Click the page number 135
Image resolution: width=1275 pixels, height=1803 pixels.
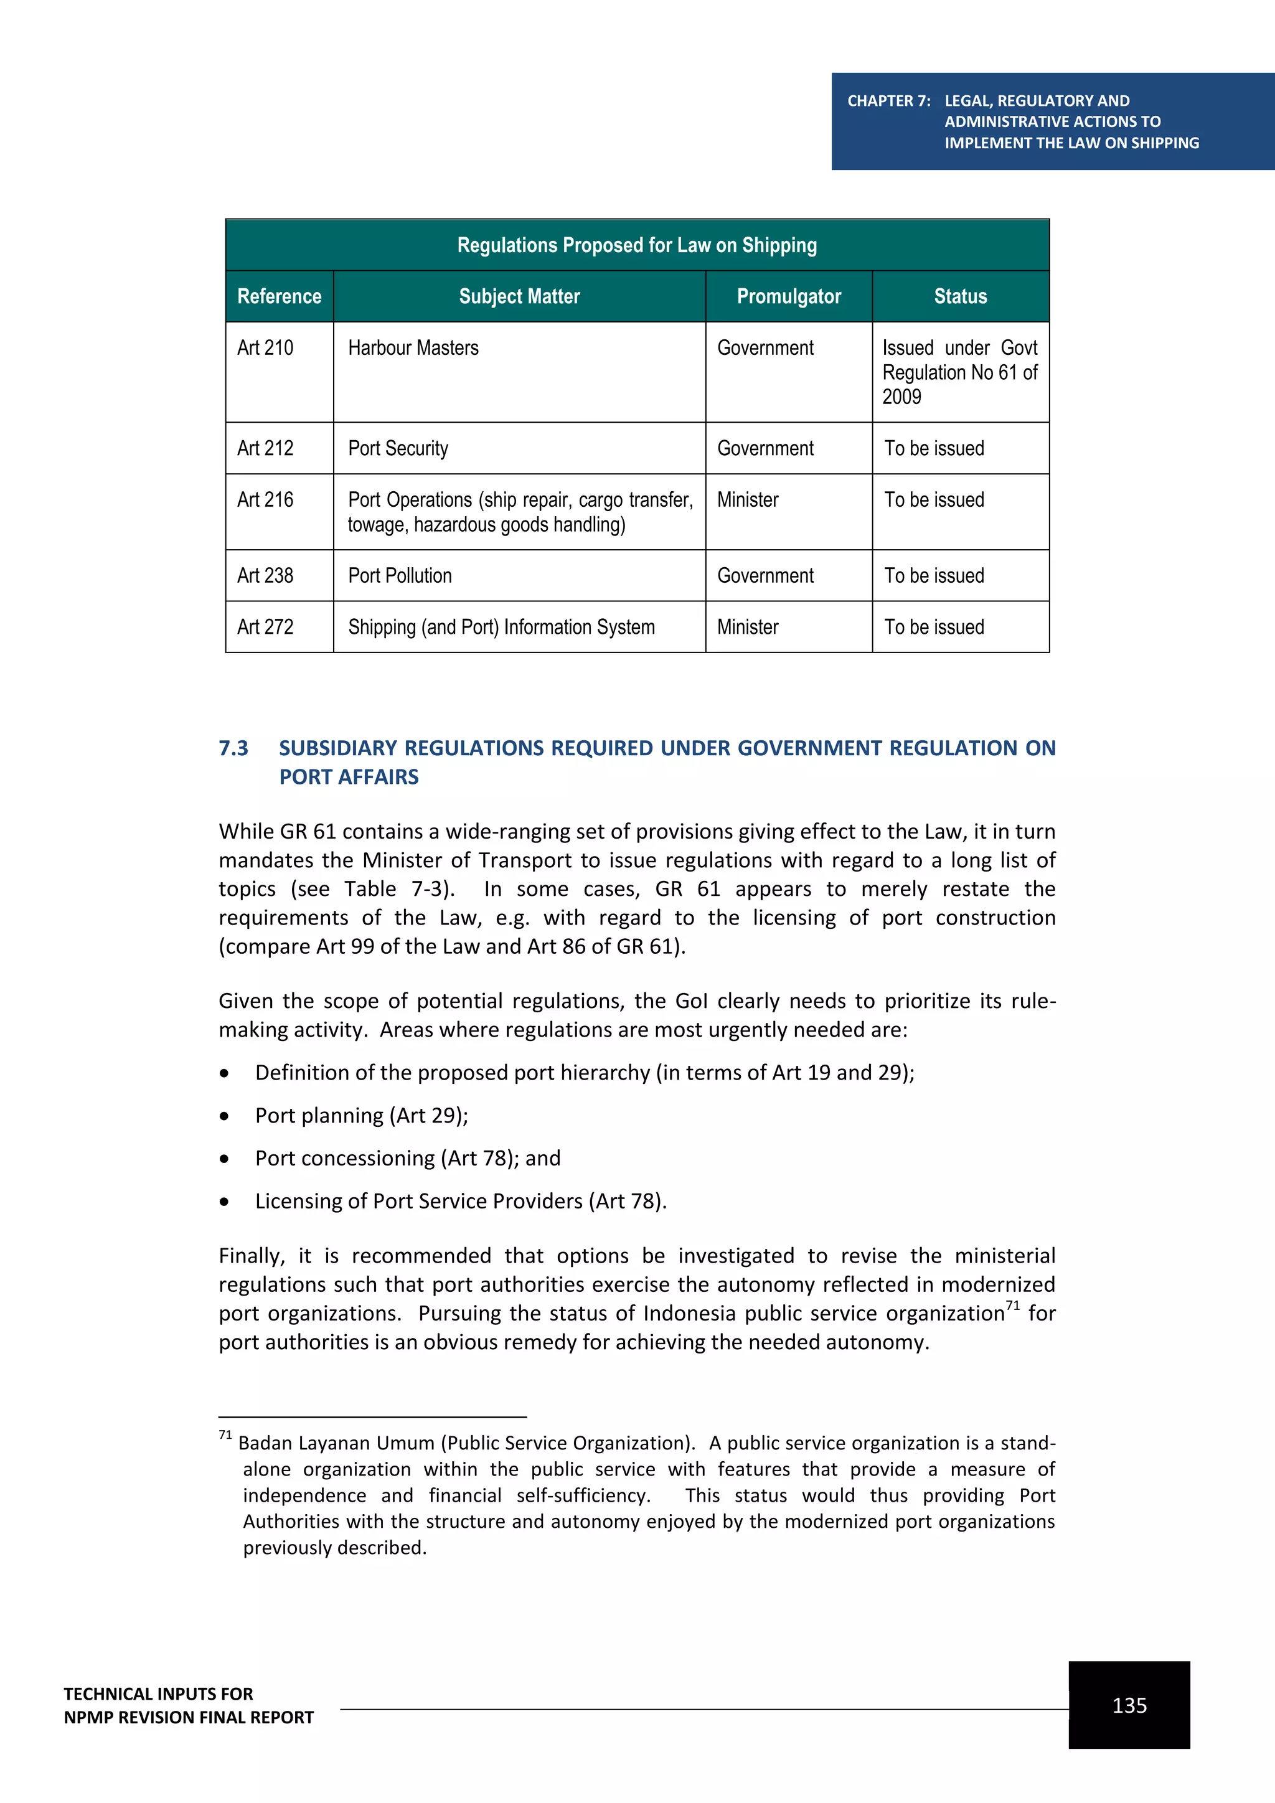point(1129,1706)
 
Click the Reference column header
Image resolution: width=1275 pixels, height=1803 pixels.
point(279,297)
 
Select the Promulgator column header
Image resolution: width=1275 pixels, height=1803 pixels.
point(788,297)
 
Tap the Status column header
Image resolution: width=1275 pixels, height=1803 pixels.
point(960,297)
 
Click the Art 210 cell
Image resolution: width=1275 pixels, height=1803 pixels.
point(265,348)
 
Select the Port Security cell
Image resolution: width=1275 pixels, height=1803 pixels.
point(398,448)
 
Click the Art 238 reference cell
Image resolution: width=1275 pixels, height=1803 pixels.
point(265,576)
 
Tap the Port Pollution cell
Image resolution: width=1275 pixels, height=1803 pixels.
point(400,576)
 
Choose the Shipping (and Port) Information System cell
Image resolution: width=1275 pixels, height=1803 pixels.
point(501,628)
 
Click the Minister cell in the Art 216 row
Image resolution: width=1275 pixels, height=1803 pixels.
point(748,500)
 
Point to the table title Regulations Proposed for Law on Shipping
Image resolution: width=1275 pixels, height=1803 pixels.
point(637,246)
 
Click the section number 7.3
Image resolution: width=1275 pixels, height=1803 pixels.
point(233,748)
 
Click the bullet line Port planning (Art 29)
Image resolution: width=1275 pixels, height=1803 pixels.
point(361,1116)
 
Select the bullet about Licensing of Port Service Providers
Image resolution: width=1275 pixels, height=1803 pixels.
point(460,1202)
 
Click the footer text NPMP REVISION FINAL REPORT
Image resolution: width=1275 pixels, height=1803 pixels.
point(189,1718)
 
